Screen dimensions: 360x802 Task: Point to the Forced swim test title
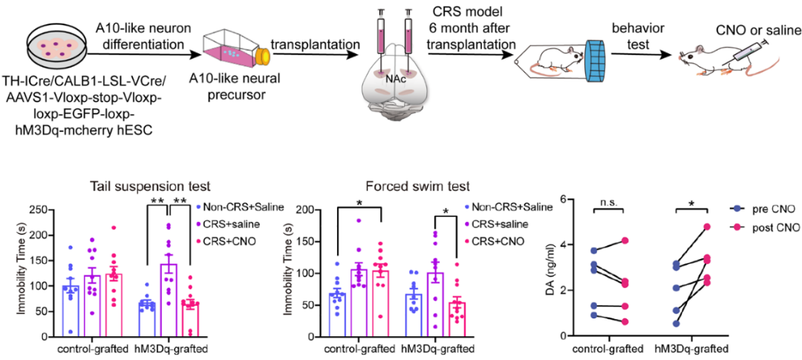coord(422,187)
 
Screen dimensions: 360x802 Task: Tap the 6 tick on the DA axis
coord(558,200)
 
